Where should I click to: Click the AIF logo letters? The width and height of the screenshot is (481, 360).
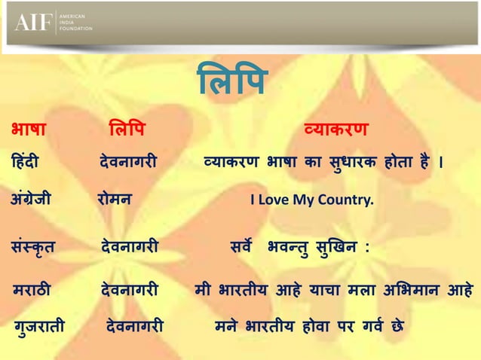coord(35,23)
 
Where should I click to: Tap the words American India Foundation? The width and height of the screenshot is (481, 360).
coord(75,23)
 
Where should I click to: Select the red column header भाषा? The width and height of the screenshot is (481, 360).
coord(29,129)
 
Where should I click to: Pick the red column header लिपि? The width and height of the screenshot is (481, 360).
coord(126,129)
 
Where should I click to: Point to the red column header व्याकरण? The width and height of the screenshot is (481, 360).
coord(335,129)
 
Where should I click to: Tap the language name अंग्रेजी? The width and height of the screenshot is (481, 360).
coord(31,200)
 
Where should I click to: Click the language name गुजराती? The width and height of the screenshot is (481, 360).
coord(39,327)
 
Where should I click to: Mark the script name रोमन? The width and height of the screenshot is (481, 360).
coord(115,200)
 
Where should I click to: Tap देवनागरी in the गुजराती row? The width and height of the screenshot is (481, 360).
coord(135,327)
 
